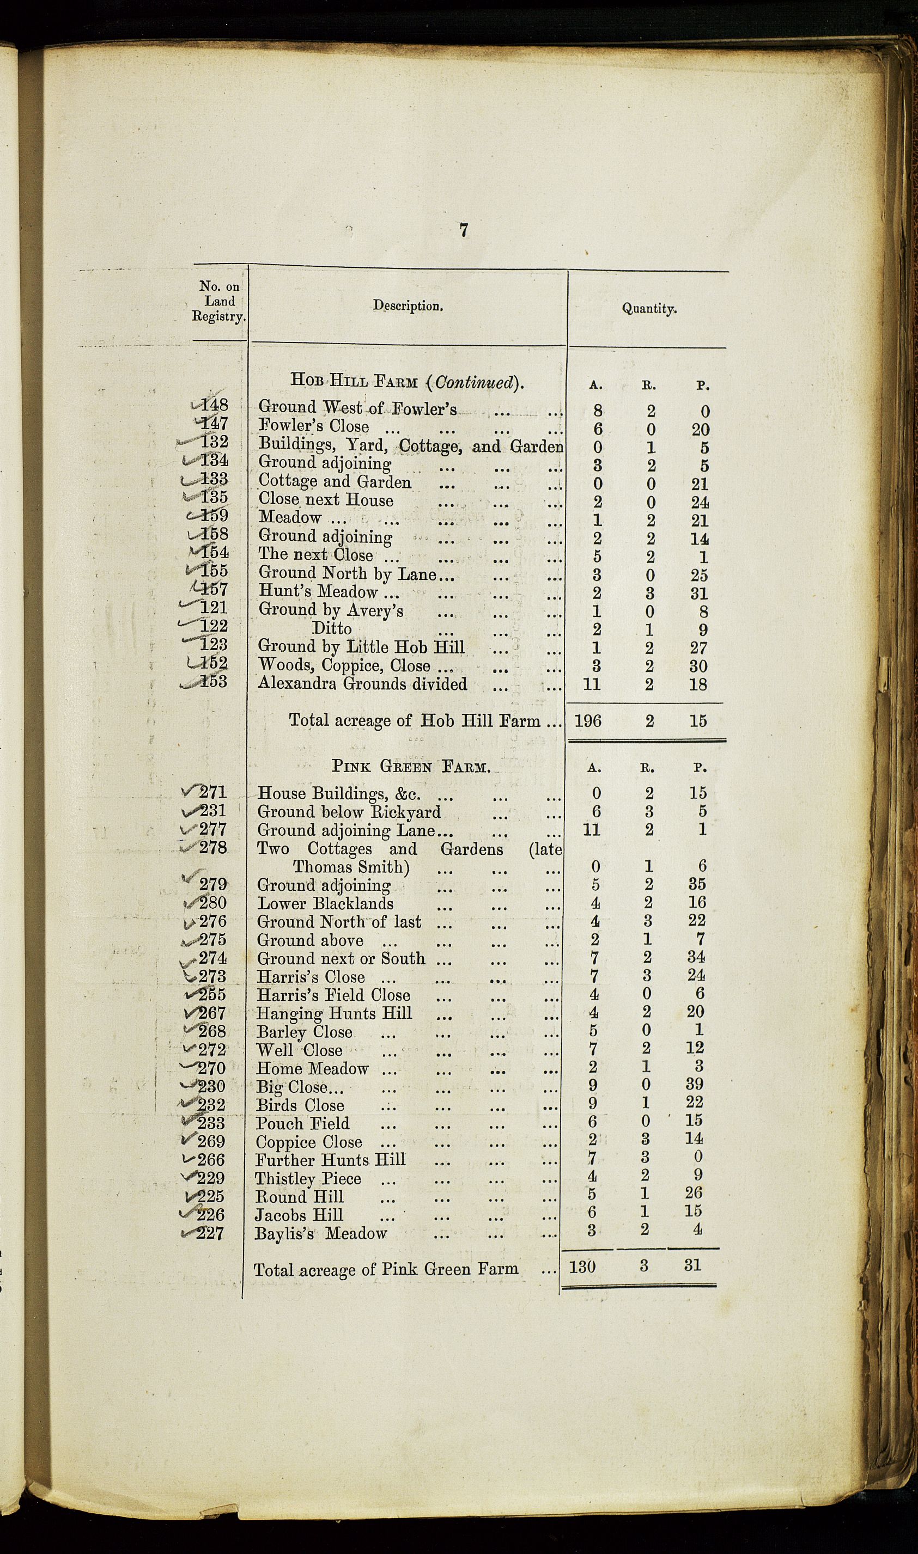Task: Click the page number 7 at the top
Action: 463,230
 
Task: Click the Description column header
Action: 408,306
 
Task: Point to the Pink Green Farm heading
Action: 411,767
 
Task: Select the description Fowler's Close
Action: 314,426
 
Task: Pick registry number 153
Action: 214,681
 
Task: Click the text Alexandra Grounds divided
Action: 362,684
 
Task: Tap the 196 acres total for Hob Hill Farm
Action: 588,720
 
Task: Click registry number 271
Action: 213,792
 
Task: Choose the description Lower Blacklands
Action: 325,903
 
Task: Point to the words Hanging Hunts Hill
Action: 334,1014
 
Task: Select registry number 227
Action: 210,1233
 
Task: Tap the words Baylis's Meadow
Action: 320,1233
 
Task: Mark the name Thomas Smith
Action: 351,867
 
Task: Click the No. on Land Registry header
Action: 219,302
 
